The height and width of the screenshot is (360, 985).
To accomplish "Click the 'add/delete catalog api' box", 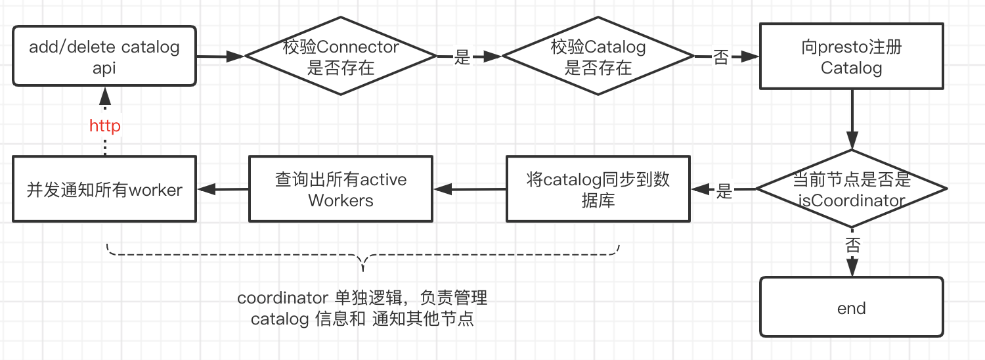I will click(x=104, y=56).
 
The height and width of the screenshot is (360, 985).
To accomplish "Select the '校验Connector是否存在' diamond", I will click(x=341, y=57).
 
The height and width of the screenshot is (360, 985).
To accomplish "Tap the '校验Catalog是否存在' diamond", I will click(x=598, y=57).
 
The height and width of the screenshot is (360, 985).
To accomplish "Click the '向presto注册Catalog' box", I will click(x=852, y=57).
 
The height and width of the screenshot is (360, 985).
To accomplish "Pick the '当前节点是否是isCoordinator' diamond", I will click(x=852, y=189).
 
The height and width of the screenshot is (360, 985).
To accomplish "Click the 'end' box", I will click(x=852, y=308).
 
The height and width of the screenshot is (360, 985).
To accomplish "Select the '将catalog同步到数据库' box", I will click(x=598, y=189).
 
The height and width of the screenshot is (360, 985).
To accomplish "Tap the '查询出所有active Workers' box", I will click(x=341, y=189).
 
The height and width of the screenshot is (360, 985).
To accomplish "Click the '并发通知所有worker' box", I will click(x=104, y=189).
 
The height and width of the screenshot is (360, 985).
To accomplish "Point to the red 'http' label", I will click(x=105, y=125).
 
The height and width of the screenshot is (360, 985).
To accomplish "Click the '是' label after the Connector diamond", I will click(x=462, y=58).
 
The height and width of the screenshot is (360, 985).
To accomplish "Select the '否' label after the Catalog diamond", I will click(x=721, y=58).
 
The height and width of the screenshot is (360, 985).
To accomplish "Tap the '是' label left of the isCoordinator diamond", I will click(x=724, y=191).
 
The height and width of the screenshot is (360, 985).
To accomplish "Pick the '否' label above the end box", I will click(x=852, y=246).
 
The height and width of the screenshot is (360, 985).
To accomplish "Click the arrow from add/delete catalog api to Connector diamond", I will click(x=221, y=57).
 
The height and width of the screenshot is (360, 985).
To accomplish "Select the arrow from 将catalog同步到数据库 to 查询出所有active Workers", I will click(x=469, y=189).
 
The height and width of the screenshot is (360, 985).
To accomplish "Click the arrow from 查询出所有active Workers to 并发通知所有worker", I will click(x=223, y=189).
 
